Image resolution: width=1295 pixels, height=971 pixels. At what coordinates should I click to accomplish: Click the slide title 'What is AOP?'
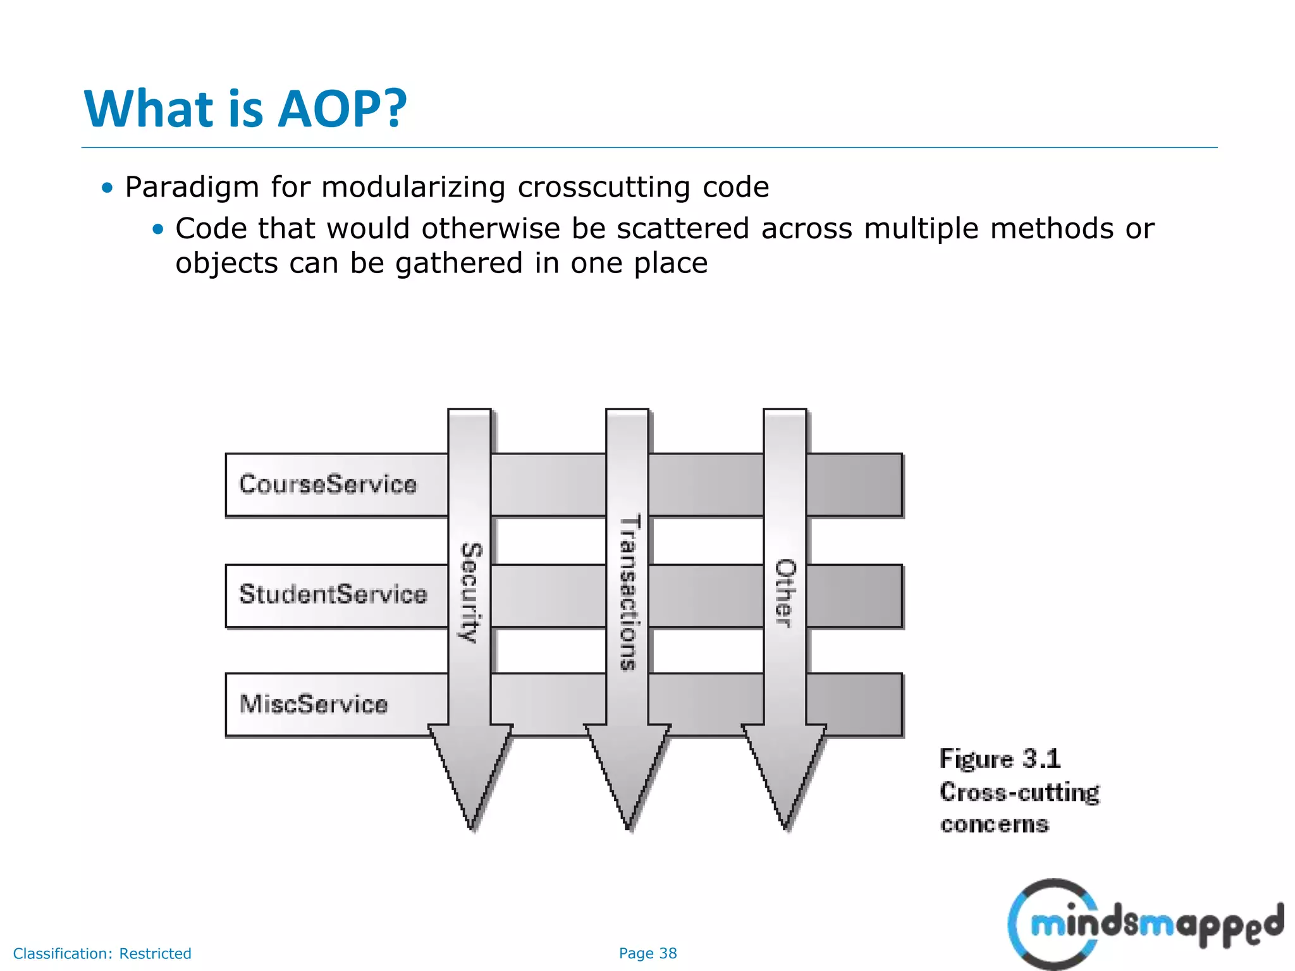pos(245,109)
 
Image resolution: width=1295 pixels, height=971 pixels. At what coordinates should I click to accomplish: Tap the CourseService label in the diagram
pos(328,484)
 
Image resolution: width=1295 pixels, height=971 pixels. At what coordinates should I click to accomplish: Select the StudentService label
pos(333,594)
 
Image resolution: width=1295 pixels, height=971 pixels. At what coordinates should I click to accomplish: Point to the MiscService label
pos(313,704)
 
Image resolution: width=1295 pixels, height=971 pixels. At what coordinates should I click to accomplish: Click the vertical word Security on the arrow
pos(470,592)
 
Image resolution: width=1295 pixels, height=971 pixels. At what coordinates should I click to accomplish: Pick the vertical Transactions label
pos(629,592)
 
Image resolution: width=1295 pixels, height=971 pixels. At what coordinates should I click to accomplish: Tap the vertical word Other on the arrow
pos(785,593)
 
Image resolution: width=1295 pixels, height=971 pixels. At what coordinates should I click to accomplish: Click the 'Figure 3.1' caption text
pos(1000,759)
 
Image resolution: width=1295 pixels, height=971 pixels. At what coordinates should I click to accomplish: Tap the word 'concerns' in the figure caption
pos(994,824)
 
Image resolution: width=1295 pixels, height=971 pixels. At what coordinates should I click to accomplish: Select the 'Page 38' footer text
pos(647,953)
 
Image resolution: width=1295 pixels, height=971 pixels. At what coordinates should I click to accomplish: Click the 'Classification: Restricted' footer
pos(102,953)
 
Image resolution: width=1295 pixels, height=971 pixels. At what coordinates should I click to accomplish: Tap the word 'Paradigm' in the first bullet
pos(192,188)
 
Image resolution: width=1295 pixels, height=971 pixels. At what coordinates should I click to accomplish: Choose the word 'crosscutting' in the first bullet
pos(603,188)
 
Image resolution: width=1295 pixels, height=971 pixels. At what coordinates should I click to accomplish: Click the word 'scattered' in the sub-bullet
pos(683,229)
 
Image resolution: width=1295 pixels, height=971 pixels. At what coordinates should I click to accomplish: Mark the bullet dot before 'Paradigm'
pos(107,188)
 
